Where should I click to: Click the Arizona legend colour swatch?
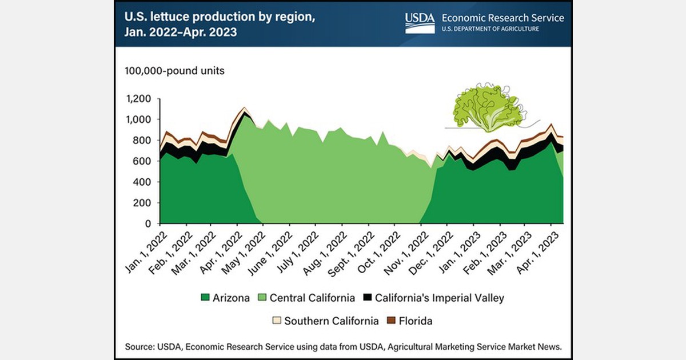pos(205,298)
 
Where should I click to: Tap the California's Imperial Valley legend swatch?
pos(369,298)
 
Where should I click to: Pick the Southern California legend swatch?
pos(276,321)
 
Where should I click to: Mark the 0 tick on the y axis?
pos(147,223)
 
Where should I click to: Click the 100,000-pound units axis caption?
pos(171,71)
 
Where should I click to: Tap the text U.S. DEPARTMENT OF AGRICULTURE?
pos(489,29)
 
